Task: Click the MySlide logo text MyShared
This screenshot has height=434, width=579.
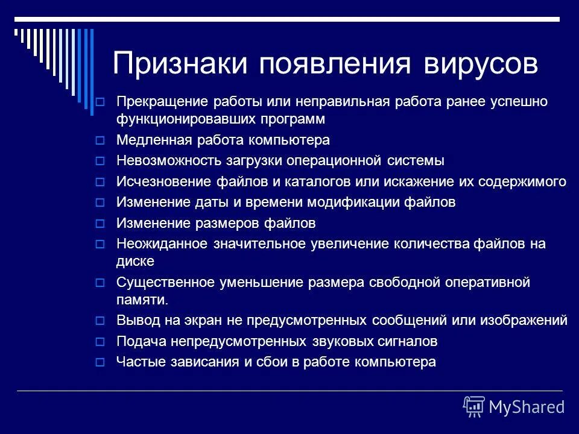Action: point(527,407)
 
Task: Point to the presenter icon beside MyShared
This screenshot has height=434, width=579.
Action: point(474,406)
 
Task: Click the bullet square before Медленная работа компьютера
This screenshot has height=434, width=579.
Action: point(101,140)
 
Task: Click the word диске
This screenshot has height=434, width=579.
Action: point(135,261)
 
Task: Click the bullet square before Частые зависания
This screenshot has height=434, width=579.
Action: point(101,362)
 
